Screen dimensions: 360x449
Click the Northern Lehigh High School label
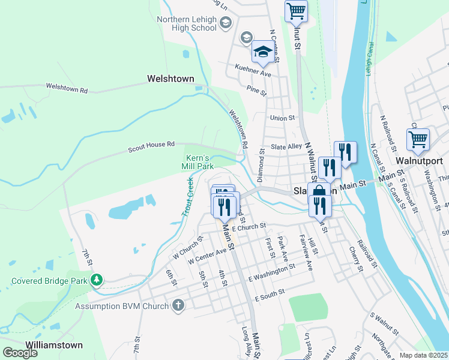click(187, 23)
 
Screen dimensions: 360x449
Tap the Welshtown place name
click(171, 79)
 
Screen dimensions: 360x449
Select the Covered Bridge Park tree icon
click(95, 280)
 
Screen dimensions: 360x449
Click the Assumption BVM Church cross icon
click(178, 306)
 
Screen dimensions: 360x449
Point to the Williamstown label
click(54, 345)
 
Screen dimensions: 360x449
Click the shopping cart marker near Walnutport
click(418, 140)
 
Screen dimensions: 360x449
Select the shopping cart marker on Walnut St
click(296, 11)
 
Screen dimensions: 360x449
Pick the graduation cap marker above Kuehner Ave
click(262, 51)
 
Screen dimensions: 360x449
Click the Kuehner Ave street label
click(253, 72)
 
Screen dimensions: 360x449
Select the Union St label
click(283, 118)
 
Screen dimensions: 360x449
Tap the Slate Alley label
click(286, 146)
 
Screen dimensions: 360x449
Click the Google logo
click(20, 353)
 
